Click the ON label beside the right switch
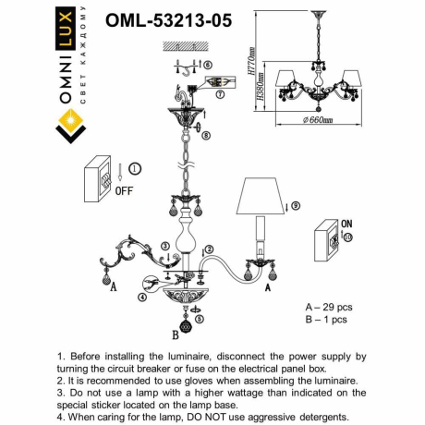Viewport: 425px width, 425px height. point(346,224)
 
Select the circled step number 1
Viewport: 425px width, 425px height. point(135,168)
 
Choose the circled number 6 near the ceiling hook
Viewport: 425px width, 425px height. point(208,64)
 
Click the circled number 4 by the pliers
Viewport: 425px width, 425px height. point(141,297)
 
